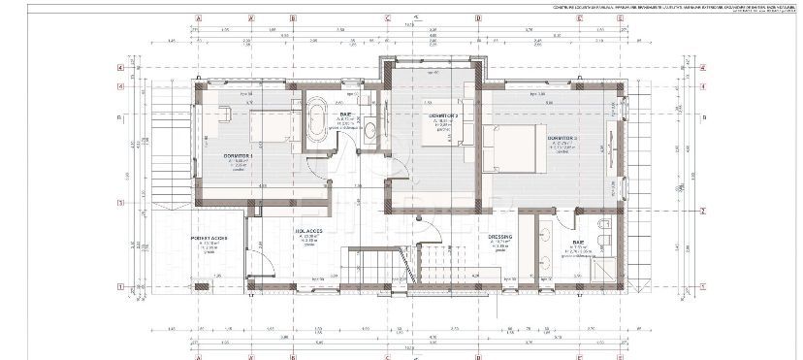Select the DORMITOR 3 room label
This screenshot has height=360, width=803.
click(x=562, y=139)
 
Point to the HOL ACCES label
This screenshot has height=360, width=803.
click(x=308, y=232)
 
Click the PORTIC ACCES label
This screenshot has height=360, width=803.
click(x=209, y=236)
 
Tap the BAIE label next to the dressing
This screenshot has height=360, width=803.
click(x=578, y=243)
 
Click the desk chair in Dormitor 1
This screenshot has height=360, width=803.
click(x=224, y=114)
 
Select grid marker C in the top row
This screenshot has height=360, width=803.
click(x=387, y=17)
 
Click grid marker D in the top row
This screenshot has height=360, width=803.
click(x=477, y=17)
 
